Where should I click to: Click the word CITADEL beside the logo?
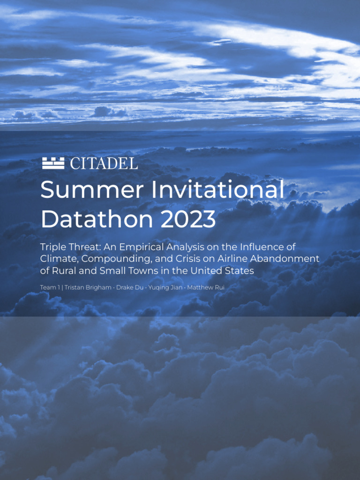(104, 164)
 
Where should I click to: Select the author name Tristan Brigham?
(84, 286)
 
